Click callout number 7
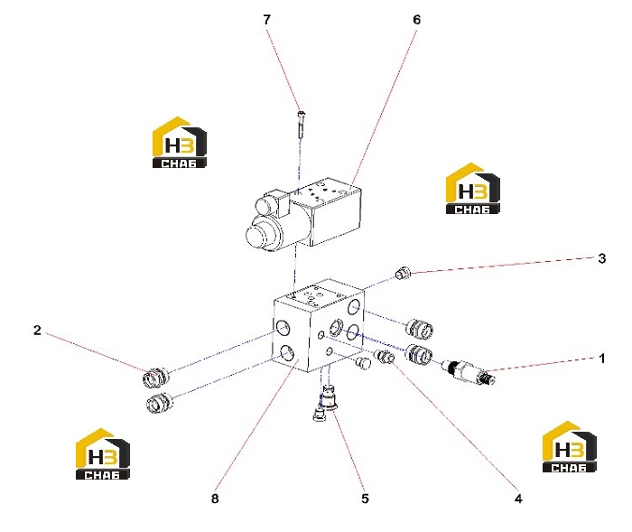[x=267, y=19]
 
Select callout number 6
[x=416, y=19]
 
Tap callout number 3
[x=602, y=258]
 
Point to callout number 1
[x=602, y=359]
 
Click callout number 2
[x=37, y=331]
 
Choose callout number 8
[x=215, y=499]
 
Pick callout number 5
[x=365, y=499]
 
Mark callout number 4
[x=518, y=499]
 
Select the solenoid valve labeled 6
[x=303, y=214]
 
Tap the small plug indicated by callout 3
[x=403, y=273]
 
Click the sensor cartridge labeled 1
[x=469, y=371]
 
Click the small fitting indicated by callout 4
[x=384, y=356]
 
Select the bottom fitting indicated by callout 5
[x=330, y=398]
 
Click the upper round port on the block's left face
[x=283, y=327]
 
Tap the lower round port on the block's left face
[x=287, y=353]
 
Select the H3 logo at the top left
[x=180, y=143]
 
